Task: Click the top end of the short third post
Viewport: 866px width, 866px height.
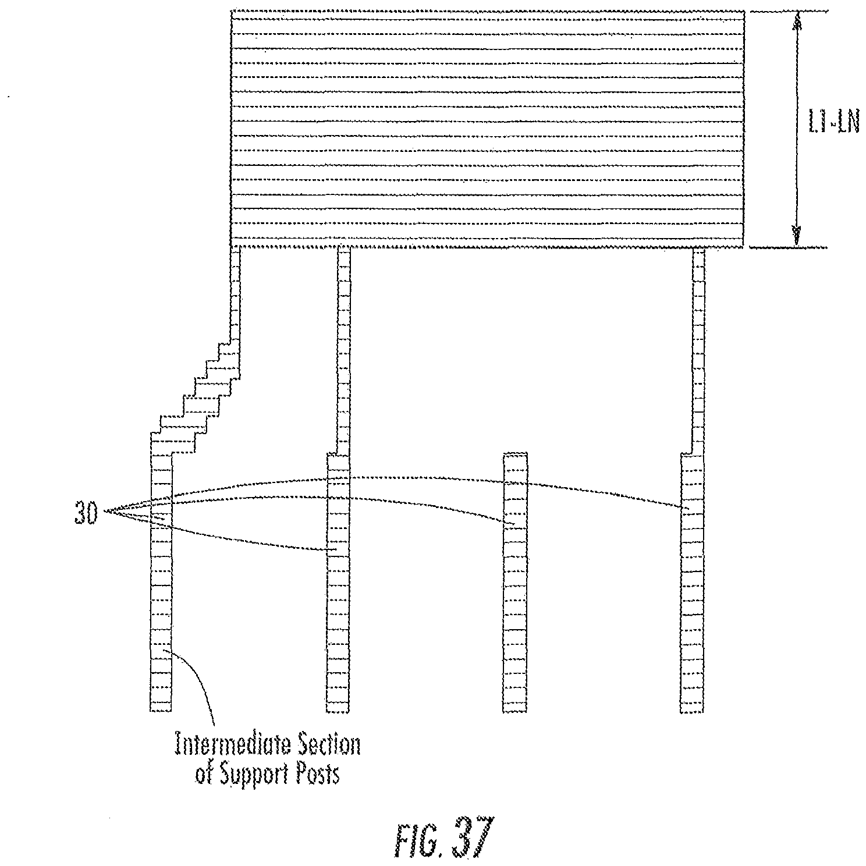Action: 515,453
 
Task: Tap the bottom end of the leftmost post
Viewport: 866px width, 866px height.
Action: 161,710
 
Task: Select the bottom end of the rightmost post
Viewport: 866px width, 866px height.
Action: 693,710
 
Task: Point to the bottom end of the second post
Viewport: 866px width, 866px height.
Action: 338,710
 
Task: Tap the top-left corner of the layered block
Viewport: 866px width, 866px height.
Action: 232,11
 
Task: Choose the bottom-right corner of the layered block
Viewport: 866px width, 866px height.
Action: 744,247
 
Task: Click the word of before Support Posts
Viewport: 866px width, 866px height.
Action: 202,775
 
